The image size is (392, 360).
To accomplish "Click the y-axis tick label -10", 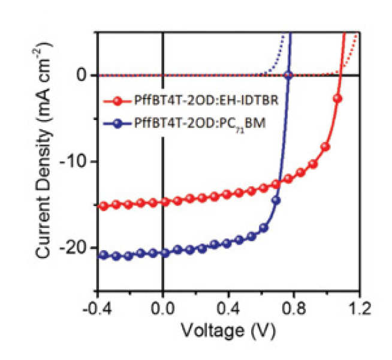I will [75, 161].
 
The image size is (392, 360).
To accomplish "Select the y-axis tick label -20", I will [75, 248].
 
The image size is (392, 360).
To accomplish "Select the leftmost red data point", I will [103, 206].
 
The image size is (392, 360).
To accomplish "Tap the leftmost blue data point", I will [103, 254].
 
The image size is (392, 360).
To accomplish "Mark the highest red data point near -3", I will [337, 98].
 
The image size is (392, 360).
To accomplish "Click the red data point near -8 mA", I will [325, 146].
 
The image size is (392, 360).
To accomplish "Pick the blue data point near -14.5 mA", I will [276, 200].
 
